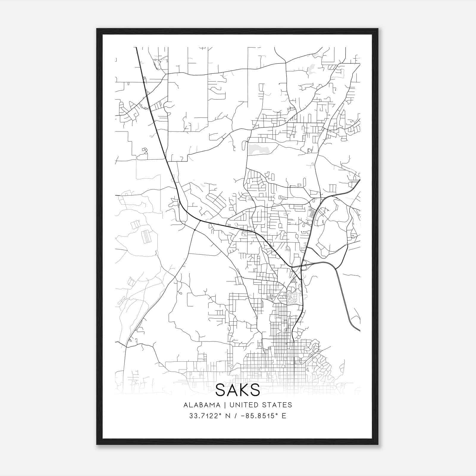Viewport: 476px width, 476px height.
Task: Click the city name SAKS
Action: point(237,390)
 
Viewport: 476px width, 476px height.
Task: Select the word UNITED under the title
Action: point(242,405)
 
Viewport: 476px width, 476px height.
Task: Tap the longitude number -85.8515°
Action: point(257,416)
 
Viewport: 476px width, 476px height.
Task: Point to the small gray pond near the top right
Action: point(311,69)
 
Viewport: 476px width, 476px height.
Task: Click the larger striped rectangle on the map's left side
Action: point(146,237)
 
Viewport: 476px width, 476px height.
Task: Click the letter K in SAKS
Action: point(243,390)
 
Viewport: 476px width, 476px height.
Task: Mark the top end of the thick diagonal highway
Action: point(136,48)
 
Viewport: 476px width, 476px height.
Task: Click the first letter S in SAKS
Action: point(220,390)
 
